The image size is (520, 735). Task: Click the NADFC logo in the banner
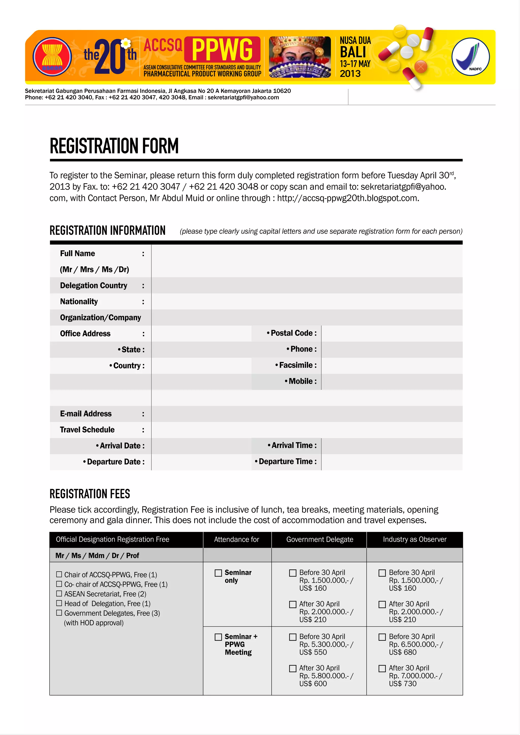click(x=470, y=57)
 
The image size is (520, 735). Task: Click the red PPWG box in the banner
click(x=222, y=50)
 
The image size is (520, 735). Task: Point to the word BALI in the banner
click(x=353, y=52)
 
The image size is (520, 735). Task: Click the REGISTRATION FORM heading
click(x=114, y=146)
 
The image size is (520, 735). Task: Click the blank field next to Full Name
click(x=307, y=261)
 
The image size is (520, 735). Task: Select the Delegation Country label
click(x=93, y=286)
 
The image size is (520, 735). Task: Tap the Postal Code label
click(x=292, y=333)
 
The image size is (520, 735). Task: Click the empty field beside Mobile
click(x=392, y=381)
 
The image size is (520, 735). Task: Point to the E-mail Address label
click(x=86, y=414)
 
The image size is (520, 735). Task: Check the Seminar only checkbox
click(x=218, y=573)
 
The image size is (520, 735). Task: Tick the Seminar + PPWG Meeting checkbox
click(x=218, y=637)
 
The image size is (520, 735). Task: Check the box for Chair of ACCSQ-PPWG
click(x=59, y=575)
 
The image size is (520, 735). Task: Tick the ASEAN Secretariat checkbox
click(x=59, y=594)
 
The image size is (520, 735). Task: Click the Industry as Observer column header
click(x=414, y=539)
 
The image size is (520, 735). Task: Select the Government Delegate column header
click(x=320, y=539)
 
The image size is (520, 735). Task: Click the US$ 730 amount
click(x=402, y=684)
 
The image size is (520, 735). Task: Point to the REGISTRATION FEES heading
click(x=90, y=494)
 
